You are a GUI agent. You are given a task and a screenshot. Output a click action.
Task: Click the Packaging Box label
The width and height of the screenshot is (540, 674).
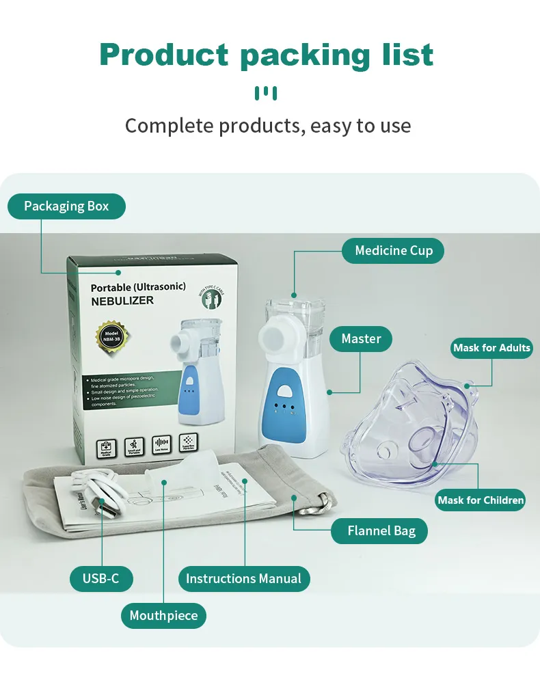[x=66, y=206]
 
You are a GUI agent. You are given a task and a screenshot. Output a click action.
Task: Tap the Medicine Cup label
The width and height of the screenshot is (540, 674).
[x=393, y=251]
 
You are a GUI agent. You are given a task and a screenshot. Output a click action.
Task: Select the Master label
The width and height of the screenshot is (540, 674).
[x=361, y=338]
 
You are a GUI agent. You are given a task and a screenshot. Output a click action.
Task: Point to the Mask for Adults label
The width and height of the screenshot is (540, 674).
[x=491, y=348]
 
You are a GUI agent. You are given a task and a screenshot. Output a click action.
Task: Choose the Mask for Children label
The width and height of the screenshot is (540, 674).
[x=481, y=500]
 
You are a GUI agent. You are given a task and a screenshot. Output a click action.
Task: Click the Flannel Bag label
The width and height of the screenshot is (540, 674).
[x=381, y=530]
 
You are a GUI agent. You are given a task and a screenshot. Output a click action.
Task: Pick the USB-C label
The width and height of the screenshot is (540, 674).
[x=101, y=578]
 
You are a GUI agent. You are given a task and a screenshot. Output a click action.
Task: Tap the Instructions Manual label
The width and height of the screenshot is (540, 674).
[x=243, y=578]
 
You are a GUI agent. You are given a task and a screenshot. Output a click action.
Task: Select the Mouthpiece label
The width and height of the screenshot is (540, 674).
[x=163, y=615]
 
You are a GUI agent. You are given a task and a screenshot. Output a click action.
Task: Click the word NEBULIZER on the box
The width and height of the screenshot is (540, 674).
[x=122, y=301]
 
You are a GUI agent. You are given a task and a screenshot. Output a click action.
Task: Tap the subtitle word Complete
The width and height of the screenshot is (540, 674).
[x=170, y=126]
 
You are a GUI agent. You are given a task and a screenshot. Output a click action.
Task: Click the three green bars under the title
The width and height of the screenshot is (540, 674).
[x=266, y=93]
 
